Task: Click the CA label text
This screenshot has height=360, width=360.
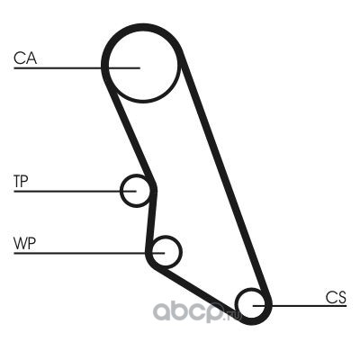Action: (25, 58)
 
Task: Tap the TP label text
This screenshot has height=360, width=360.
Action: (21, 181)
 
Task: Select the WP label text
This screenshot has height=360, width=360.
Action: (24, 243)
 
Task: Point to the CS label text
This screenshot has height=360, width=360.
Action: (336, 298)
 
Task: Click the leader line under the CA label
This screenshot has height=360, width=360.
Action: (76, 68)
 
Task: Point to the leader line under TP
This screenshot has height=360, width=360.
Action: (75, 191)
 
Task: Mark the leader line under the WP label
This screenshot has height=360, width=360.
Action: (89, 253)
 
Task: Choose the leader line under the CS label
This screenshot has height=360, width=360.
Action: (300, 306)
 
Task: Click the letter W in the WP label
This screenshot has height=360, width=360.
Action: (20, 243)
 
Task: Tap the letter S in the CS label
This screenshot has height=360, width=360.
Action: (342, 298)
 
